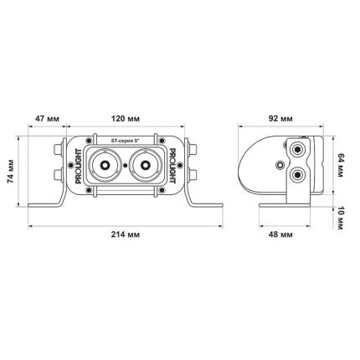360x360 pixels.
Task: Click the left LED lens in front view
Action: coord(106,164)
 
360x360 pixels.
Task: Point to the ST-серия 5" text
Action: coord(125,142)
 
